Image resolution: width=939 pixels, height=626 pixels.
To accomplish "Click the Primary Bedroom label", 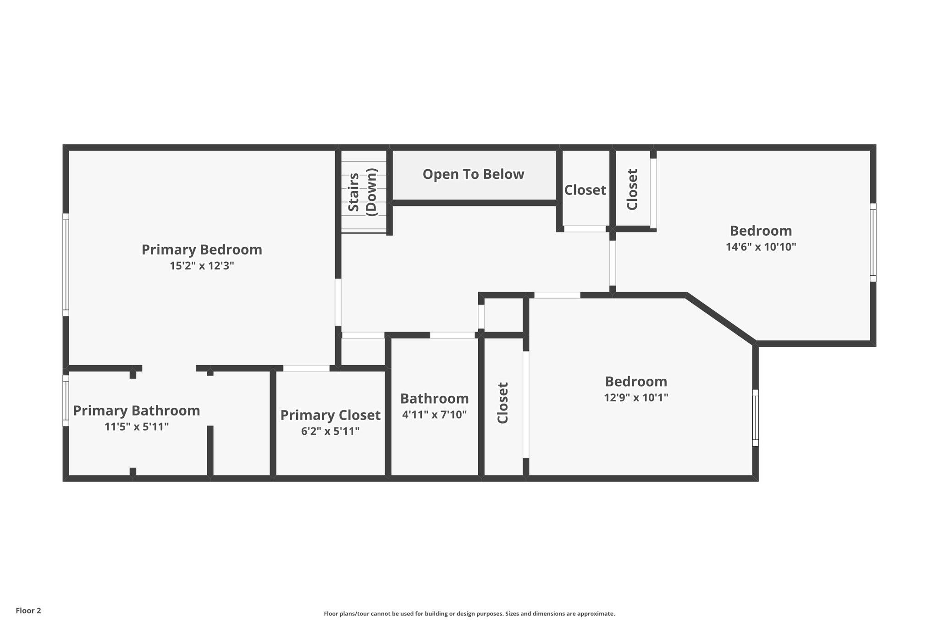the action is click(x=202, y=249).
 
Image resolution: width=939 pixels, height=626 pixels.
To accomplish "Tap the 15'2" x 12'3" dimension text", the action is click(x=202, y=266).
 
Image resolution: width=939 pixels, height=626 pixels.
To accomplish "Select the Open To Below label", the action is click(x=473, y=174).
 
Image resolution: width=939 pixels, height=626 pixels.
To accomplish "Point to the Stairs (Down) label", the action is click(x=362, y=192).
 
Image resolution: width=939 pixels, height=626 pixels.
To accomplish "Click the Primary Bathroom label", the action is click(x=137, y=410).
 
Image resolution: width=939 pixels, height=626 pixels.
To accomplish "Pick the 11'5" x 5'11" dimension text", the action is click(x=137, y=427).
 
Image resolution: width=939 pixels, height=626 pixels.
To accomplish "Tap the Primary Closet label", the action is click(x=330, y=415).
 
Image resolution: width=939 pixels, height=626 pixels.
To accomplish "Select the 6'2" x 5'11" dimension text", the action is click(x=330, y=432).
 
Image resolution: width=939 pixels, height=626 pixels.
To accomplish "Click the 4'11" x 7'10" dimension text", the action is click(x=434, y=415).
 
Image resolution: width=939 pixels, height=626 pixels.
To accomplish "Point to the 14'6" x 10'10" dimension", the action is click(x=761, y=247).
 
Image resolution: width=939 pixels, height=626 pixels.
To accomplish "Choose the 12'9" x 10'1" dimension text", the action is click(x=636, y=398).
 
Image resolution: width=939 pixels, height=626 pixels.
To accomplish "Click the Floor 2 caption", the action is click(x=28, y=610).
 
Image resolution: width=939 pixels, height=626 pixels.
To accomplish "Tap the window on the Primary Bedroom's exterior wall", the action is click(x=66, y=265).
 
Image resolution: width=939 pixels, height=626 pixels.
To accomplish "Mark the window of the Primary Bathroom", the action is click(x=66, y=401).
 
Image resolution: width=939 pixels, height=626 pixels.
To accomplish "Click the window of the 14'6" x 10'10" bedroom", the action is click(x=873, y=242).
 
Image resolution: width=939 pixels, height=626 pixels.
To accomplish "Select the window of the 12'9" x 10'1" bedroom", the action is click(x=756, y=418).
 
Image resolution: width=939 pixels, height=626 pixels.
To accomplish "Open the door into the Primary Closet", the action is click(x=306, y=368).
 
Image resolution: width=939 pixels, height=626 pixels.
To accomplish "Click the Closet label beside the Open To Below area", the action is click(x=585, y=190).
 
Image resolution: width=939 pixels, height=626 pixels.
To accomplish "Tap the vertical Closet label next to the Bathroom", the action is click(x=503, y=403).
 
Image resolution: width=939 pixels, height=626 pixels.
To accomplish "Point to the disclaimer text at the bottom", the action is click(x=469, y=614).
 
